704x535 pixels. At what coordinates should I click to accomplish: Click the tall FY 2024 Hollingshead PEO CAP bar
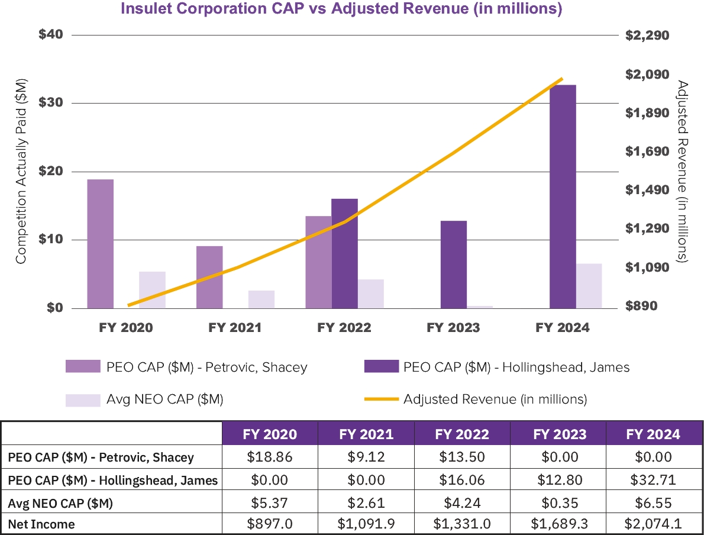563,196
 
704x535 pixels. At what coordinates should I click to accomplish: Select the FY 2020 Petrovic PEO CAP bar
100,244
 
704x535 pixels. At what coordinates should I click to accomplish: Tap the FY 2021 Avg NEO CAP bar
261,299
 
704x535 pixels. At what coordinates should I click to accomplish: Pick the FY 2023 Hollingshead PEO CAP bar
454,265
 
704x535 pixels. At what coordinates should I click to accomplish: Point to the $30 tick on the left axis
51,103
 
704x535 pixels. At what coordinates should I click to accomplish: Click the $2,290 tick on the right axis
647,36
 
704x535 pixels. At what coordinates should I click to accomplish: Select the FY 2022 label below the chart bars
344,328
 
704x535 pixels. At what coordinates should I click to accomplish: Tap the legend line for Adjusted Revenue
380,399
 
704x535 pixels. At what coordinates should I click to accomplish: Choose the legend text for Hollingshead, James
516,368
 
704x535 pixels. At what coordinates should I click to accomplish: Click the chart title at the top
341,9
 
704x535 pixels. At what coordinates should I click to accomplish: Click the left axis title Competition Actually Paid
21,171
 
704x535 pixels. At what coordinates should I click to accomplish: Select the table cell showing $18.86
269,457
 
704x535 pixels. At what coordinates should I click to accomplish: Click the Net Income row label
41,524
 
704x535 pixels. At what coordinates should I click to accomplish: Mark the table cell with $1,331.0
462,524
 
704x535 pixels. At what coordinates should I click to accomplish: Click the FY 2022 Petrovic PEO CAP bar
318,262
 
